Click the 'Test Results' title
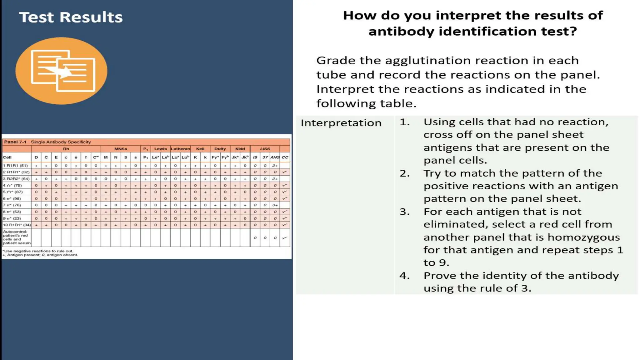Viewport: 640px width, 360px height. coord(71,17)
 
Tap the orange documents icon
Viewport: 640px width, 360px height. coord(62,71)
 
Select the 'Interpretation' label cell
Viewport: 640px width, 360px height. coord(341,123)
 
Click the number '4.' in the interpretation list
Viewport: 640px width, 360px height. coord(404,276)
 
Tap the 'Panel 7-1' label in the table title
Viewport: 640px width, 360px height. coord(15,142)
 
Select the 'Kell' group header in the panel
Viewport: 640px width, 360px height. coord(200,149)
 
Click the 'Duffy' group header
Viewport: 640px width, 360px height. coord(220,149)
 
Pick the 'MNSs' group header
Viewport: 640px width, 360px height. coord(121,149)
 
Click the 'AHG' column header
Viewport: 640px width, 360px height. coord(275,157)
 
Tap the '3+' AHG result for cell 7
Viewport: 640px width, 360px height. coord(275,205)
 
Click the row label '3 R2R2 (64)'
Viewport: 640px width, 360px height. coord(16,179)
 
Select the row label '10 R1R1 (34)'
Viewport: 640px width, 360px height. coord(17,225)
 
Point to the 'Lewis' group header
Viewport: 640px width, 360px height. coord(160,149)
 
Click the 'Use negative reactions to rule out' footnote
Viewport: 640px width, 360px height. coord(38,251)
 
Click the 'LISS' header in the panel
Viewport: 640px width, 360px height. coord(265,149)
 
